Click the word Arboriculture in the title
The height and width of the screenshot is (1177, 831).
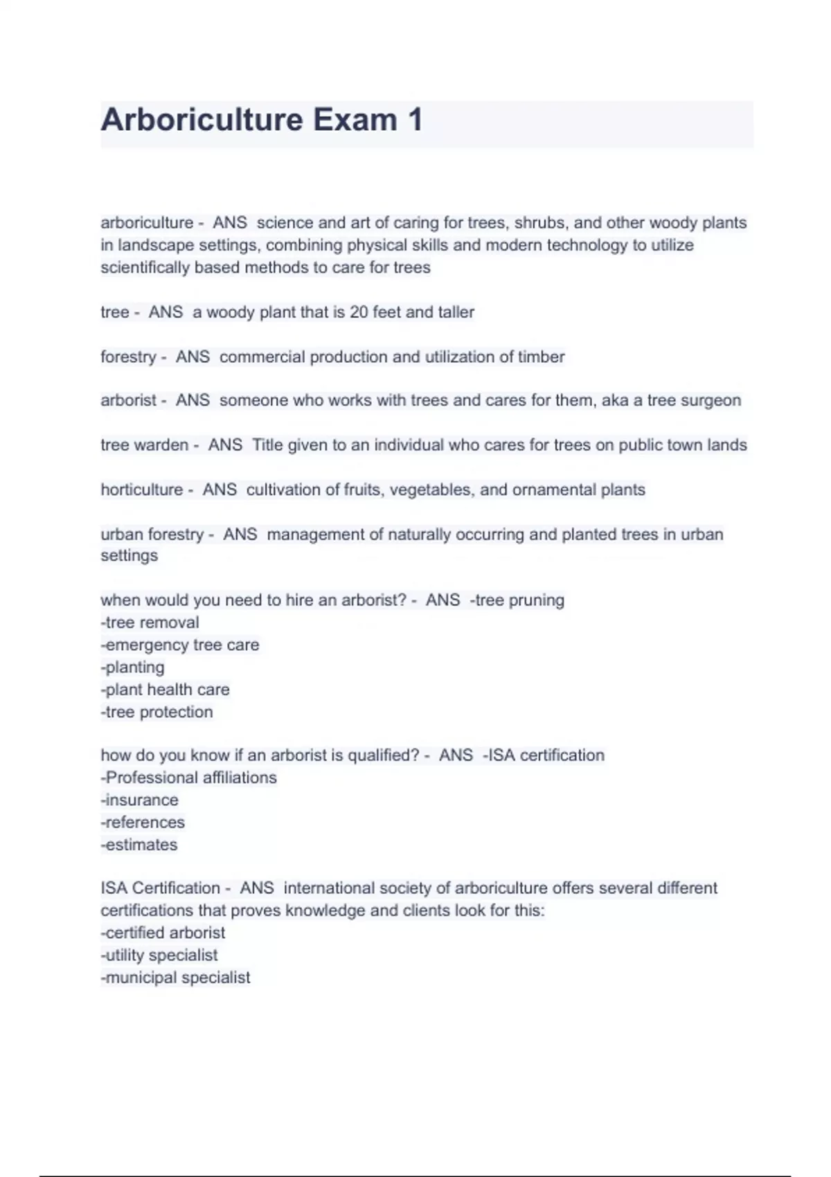202,120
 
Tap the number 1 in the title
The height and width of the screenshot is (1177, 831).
415,120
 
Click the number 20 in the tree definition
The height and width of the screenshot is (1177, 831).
359,312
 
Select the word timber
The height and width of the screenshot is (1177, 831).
542,357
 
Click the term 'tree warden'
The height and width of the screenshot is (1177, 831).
144,444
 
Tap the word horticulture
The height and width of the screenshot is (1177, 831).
142,489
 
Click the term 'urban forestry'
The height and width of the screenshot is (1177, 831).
152,534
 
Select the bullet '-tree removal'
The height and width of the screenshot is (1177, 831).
150,622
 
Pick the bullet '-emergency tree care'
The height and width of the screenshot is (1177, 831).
180,645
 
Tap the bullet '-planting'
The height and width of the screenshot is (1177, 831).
133,667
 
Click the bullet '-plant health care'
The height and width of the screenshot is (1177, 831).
165,690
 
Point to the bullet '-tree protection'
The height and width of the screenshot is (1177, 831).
157,712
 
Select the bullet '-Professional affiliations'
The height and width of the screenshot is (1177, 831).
188,778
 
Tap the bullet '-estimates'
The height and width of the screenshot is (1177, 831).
139,845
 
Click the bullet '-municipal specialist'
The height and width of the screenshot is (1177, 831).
175,978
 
